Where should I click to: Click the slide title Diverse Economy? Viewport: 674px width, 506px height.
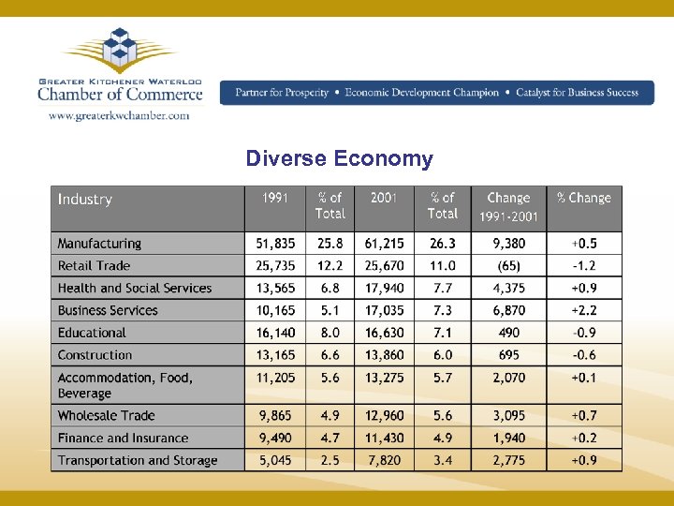(x=339, y=158)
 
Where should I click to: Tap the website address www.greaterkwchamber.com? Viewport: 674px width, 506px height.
(x=118, y=115)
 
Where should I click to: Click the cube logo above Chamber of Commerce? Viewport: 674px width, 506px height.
(x=120, y=51)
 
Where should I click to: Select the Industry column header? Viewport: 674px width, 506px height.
(x=85, y=200)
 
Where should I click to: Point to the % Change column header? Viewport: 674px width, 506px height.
(x=583, y=199)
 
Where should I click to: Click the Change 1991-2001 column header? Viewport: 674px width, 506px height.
(x=508, y=207)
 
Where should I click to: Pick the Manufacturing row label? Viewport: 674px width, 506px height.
(x=99, y=244)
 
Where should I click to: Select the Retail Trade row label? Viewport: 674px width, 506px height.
(x=94, y=266)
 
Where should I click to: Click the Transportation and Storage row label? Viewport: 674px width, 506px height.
(x=138, y=460)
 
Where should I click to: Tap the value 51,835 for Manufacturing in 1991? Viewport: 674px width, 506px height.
(x=275, y=244)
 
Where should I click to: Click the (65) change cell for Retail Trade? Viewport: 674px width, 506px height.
(x=508, y=266)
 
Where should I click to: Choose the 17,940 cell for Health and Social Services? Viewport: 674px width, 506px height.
(x=385, y=289)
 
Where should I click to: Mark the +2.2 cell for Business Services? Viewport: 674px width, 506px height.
(x=583, y=310)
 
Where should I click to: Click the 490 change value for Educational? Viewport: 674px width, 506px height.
(x=508, y=333)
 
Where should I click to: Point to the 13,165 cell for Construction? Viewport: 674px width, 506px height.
(x=275, y=355)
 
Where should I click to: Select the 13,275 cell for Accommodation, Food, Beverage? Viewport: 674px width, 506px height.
(x=385, y=378)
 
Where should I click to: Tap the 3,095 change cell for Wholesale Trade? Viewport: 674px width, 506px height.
(x=508, y=415)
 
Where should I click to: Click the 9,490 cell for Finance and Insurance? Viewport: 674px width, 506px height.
(x=275, y=438)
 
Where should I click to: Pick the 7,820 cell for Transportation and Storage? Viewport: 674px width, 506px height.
(x=385, y=460)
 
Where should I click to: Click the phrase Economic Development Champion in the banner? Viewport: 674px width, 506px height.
(x=422, y=93)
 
